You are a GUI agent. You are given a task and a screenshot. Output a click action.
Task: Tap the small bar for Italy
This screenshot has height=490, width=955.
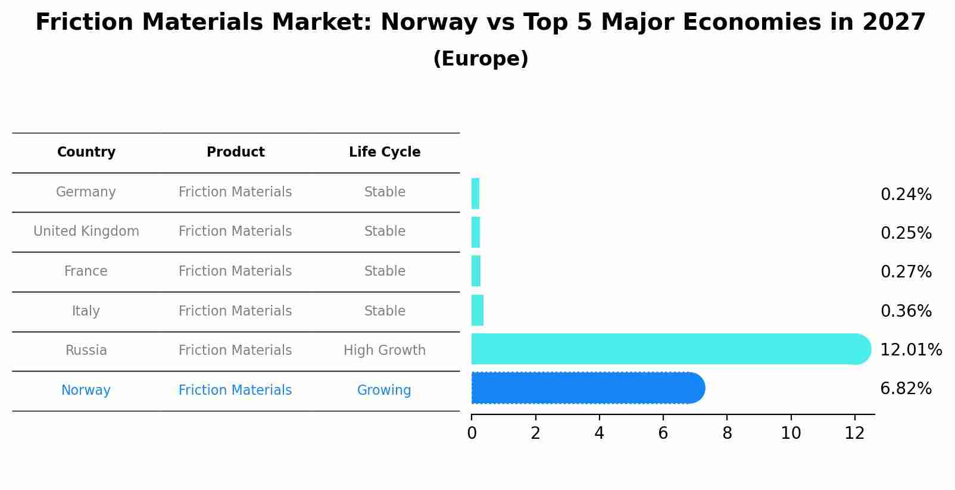coord(477,310)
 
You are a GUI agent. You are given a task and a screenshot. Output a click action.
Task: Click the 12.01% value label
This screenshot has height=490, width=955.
coord(910,350)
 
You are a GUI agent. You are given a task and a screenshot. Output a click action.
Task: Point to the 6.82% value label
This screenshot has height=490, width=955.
coord(905,389)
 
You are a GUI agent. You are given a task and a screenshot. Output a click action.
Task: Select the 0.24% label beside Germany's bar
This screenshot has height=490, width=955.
coord(905,195)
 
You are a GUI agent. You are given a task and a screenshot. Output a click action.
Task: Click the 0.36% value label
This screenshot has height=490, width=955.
coord(905,311)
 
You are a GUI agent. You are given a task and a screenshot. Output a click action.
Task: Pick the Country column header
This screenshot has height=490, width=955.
coord(86,152)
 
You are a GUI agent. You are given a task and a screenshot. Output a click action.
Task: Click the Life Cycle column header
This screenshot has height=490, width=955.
coord(385,152)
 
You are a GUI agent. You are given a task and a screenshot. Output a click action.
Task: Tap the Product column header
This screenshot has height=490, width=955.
coord(235,152)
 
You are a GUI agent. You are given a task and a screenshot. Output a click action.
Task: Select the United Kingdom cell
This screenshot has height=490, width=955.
coord(86,232)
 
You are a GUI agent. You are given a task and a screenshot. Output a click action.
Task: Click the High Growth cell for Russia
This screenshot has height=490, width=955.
coord(385,351)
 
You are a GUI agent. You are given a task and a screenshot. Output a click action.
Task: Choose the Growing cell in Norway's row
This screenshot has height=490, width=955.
coord(384,391)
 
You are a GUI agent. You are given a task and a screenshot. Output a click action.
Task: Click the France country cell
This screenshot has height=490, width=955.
coord(86,271)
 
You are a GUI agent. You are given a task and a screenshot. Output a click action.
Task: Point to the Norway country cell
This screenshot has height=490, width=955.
coord(86,391)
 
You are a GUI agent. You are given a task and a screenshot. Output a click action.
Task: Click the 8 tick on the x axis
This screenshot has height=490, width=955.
coord(727,433)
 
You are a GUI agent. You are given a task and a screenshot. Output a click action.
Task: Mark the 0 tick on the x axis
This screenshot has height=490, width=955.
coord(472,433)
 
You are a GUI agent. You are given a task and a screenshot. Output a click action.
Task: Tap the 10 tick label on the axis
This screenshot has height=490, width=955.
coord(791,433)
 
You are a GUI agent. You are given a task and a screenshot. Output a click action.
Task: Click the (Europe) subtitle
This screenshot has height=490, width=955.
coord(480,59)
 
